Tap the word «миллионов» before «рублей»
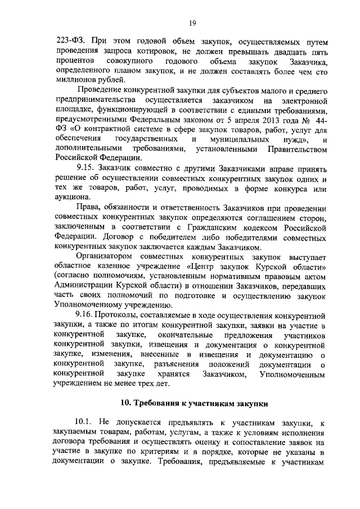(77, 79)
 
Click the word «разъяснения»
(178, 364)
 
